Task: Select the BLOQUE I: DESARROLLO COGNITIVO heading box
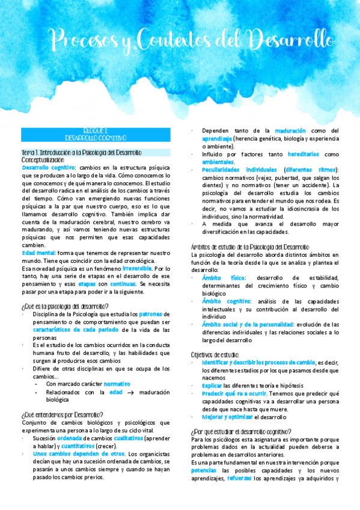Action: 96,134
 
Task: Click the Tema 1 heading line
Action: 81,152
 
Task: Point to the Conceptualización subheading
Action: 43,160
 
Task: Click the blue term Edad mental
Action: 37,254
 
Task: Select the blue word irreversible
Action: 139,268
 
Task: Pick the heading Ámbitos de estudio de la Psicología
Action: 249,247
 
